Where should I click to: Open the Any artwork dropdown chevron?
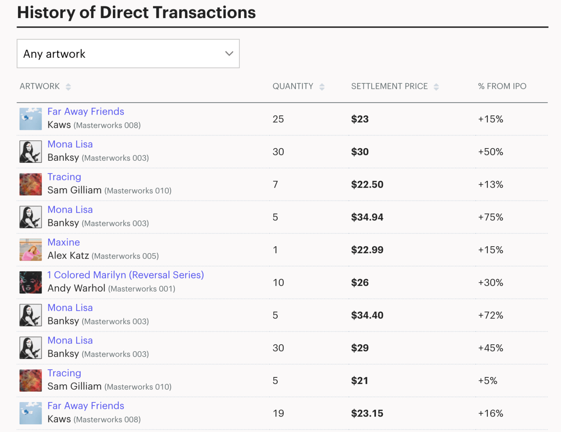coord(229,53)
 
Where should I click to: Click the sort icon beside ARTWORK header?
coord(68,87)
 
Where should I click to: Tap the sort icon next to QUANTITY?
coord(322,87)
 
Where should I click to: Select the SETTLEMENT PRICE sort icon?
coord(436,87)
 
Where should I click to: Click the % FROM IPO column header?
coord(502,86)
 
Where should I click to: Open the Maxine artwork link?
coord(64,242)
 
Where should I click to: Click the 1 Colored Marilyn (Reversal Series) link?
coord(126,275)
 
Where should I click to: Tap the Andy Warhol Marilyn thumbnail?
coord(30,282)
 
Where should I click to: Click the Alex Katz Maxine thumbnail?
coord(30,250)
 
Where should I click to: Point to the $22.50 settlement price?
coord(367,185)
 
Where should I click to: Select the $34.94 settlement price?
coord(367,217)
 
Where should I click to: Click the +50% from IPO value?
coord(490,152)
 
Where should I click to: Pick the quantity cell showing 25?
coord(278,119)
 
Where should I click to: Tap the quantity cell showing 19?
coord(278,414)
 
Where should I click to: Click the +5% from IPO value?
coord(487,381)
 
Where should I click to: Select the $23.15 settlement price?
coord(367,414)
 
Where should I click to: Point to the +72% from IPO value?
coord(490,315)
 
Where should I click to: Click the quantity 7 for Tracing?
coord(275,185)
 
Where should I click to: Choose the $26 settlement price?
coord(359,283)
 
